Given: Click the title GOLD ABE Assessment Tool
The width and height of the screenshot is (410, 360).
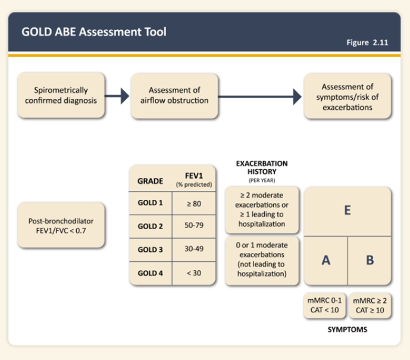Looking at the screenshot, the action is coord(94,32).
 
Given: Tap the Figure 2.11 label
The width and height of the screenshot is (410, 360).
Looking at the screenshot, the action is coord(367,42).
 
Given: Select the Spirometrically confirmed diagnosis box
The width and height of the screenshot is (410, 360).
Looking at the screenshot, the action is coord(61,95).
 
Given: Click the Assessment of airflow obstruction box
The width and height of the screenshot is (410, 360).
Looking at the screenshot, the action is coord(174,96).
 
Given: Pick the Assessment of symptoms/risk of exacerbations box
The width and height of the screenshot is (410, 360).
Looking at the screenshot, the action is coord(348,96).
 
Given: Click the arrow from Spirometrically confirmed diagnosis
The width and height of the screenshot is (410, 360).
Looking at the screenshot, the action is coord(117,96).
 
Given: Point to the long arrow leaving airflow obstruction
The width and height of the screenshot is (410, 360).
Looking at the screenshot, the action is coord(259,97).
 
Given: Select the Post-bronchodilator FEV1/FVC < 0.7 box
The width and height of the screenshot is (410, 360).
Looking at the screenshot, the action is coord(61,225).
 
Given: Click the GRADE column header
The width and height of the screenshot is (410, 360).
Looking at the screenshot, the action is coord(151,181).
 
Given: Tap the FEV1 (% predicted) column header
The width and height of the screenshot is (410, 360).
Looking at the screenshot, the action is coord(194,180).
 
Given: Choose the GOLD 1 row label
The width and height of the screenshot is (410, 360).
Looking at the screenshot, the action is coord(151,203).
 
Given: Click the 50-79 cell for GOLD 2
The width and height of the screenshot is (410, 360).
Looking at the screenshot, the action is coord(194,225).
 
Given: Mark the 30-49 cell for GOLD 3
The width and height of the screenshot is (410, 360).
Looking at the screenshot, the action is coord(194,249).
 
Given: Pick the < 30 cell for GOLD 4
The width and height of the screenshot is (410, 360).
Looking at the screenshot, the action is coord(194,273).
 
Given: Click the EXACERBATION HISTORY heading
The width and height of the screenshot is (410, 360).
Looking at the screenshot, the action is coord(262,168).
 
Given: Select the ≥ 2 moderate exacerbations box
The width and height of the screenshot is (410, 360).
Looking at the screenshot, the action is coord(262,209).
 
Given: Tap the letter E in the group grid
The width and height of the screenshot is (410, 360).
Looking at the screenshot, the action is coord(348,210).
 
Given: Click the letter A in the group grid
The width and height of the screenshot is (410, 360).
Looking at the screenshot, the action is coord(326,260).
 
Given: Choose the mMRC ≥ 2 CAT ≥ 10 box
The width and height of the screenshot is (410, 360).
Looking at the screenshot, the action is coord(370,305).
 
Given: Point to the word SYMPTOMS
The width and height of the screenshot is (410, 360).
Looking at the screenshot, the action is coord(348,330).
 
